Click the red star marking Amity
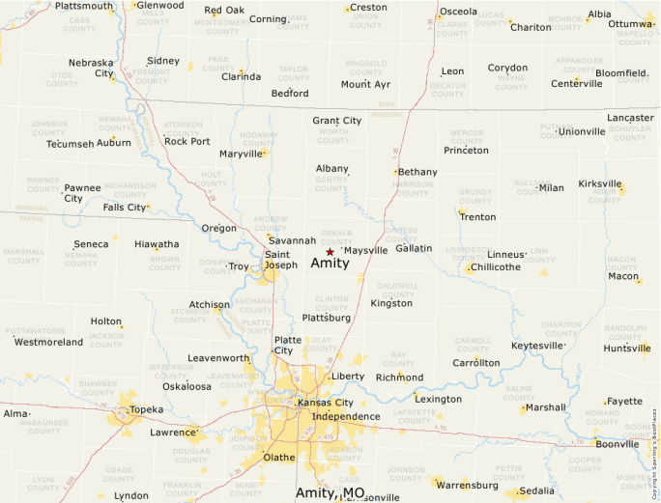coord(330,251)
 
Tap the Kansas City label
coord(326,403)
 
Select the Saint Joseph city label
coord(281,260)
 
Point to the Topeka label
coord(146,409)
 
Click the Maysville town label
coord(365,250)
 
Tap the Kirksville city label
coord(600,183)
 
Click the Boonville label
coord(617,444)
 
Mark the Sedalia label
coord(537,490)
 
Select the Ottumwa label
coord(631,23)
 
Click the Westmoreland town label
coord(48,342)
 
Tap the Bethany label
coord(417,172)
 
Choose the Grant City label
coord(336,121)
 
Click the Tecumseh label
coord(71,144)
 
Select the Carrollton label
coord(476,363)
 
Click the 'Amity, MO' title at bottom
coord(330,493)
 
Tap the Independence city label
coord(346,416)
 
